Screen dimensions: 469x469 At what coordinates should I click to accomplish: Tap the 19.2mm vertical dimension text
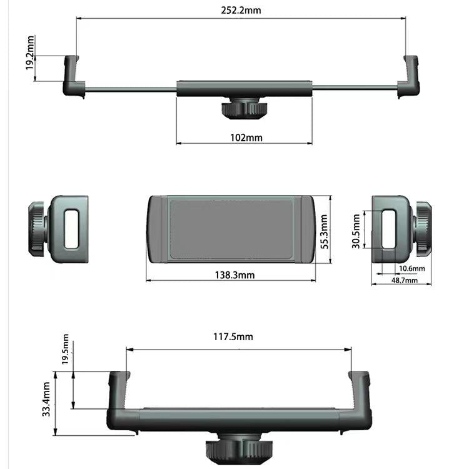(30, 53)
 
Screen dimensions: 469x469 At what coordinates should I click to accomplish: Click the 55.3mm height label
(323, 231)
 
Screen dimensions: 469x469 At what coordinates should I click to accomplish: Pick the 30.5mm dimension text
(356, 231)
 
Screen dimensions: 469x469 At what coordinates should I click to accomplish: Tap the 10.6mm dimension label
(411, 268)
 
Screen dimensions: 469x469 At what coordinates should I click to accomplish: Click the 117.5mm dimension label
(233, 336)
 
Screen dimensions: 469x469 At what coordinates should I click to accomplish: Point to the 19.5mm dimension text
(66, 353)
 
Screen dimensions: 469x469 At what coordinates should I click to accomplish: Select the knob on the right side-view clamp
(422, 229)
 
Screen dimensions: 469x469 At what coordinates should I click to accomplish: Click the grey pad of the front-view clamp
(230, 229)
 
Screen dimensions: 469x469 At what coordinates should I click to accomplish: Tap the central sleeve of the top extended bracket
(244, 88)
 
